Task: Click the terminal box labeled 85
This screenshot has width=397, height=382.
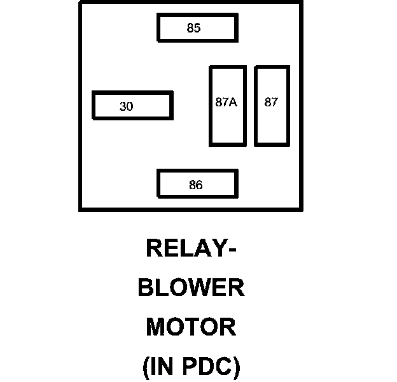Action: pos(197,28)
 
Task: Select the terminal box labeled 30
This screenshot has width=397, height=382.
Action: pos(132,106)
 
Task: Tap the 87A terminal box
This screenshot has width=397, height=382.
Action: pos(227,106)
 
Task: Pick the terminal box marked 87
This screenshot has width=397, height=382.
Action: pos(272,106)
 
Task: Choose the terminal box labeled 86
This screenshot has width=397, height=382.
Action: pos(197,185)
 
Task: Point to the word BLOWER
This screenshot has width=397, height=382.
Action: pos(192,288)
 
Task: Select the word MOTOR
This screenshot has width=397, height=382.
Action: pos(191,327)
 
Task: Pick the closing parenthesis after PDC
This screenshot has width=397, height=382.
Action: pos(236,367)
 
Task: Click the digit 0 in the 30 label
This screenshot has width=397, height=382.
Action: pos(130,107)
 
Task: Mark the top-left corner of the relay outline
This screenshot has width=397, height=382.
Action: pos(80,3)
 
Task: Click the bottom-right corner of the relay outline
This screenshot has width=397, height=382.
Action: pos(301,209)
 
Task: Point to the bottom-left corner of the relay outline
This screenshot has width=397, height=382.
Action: pos(80,209)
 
